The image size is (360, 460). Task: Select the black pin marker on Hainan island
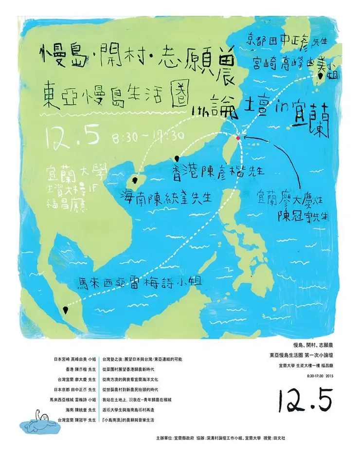point(136,180)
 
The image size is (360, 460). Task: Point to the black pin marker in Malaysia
point(65,309)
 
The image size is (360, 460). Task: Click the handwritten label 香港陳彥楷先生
point(218,171)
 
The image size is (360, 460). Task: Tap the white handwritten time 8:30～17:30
point(147,136)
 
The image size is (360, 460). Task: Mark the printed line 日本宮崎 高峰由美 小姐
point(74,359)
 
